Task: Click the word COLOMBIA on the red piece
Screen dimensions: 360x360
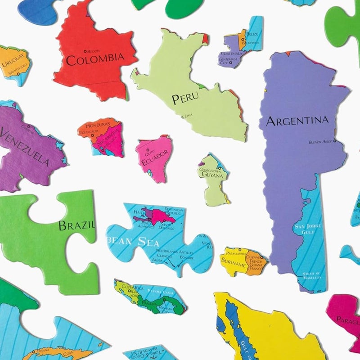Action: [94, 58]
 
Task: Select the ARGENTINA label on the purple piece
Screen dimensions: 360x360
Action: [297, 121]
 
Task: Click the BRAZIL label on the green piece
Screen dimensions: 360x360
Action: [76, 225]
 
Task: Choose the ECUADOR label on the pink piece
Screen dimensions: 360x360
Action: [155, 158]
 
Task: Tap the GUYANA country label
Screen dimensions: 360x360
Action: [212, 175]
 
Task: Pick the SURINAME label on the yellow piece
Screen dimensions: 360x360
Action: [233, 264]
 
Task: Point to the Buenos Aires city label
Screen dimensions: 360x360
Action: [320, 142]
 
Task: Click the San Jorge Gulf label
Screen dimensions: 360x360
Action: [304, 228]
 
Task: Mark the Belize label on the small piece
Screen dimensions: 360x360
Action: [252, 34]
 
